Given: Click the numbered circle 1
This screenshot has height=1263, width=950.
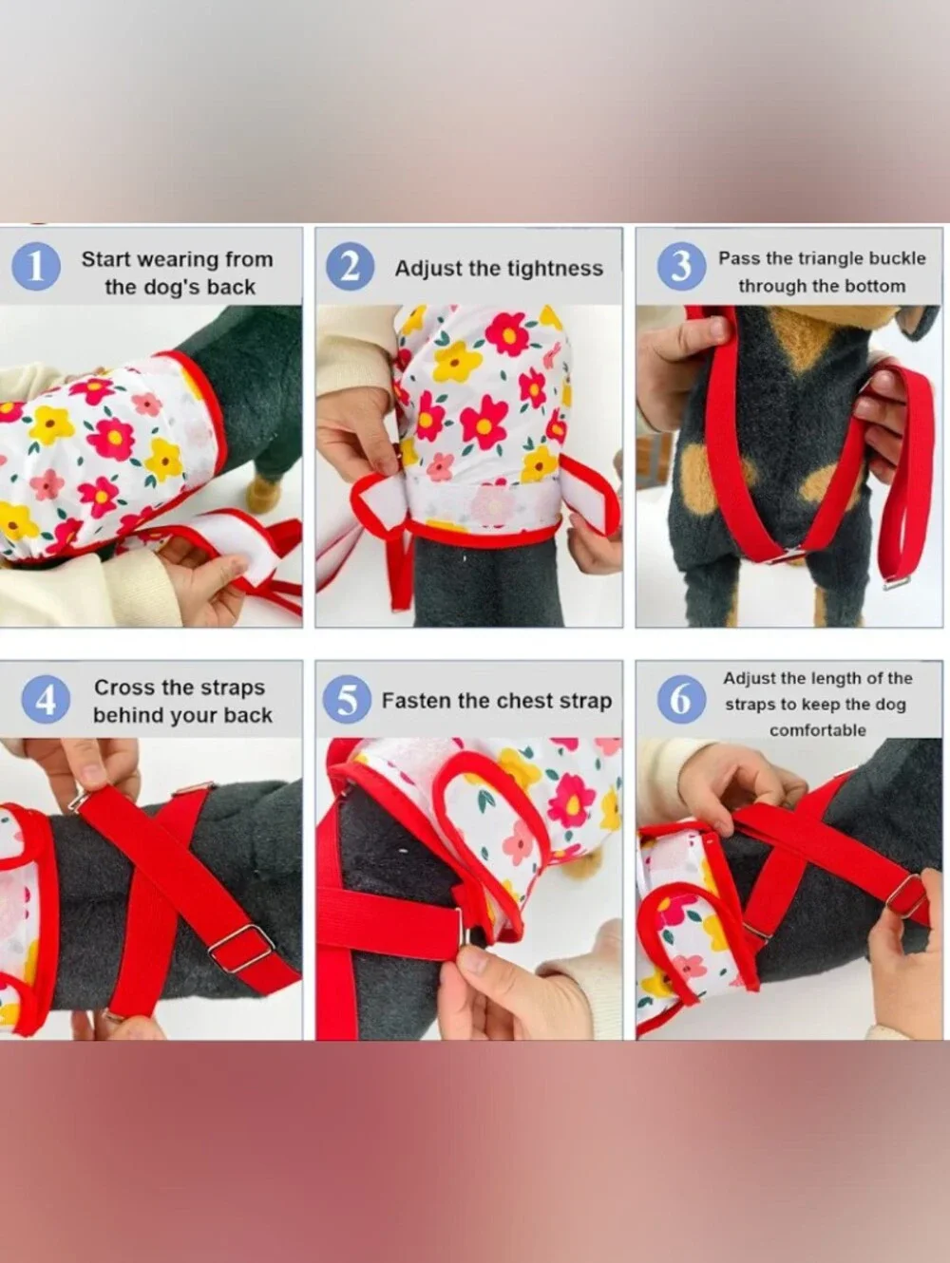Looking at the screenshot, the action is pos(36,267).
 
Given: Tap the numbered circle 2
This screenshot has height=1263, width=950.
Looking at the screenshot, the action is pos(350,267).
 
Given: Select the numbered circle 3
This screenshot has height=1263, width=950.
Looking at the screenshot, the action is pos(681,267).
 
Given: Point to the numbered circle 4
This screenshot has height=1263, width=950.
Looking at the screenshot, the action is pos(46,699).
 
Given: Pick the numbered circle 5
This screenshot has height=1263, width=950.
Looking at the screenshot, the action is pos(347,699).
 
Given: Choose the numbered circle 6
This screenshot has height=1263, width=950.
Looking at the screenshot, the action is pos(681,699).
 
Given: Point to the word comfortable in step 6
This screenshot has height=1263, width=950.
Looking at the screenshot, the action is pos(818,730).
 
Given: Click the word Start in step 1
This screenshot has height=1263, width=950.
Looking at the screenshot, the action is pos(106,259).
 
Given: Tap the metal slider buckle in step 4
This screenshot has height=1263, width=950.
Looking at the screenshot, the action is pos(241,949).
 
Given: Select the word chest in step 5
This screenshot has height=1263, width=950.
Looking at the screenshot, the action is pos(527,700).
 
